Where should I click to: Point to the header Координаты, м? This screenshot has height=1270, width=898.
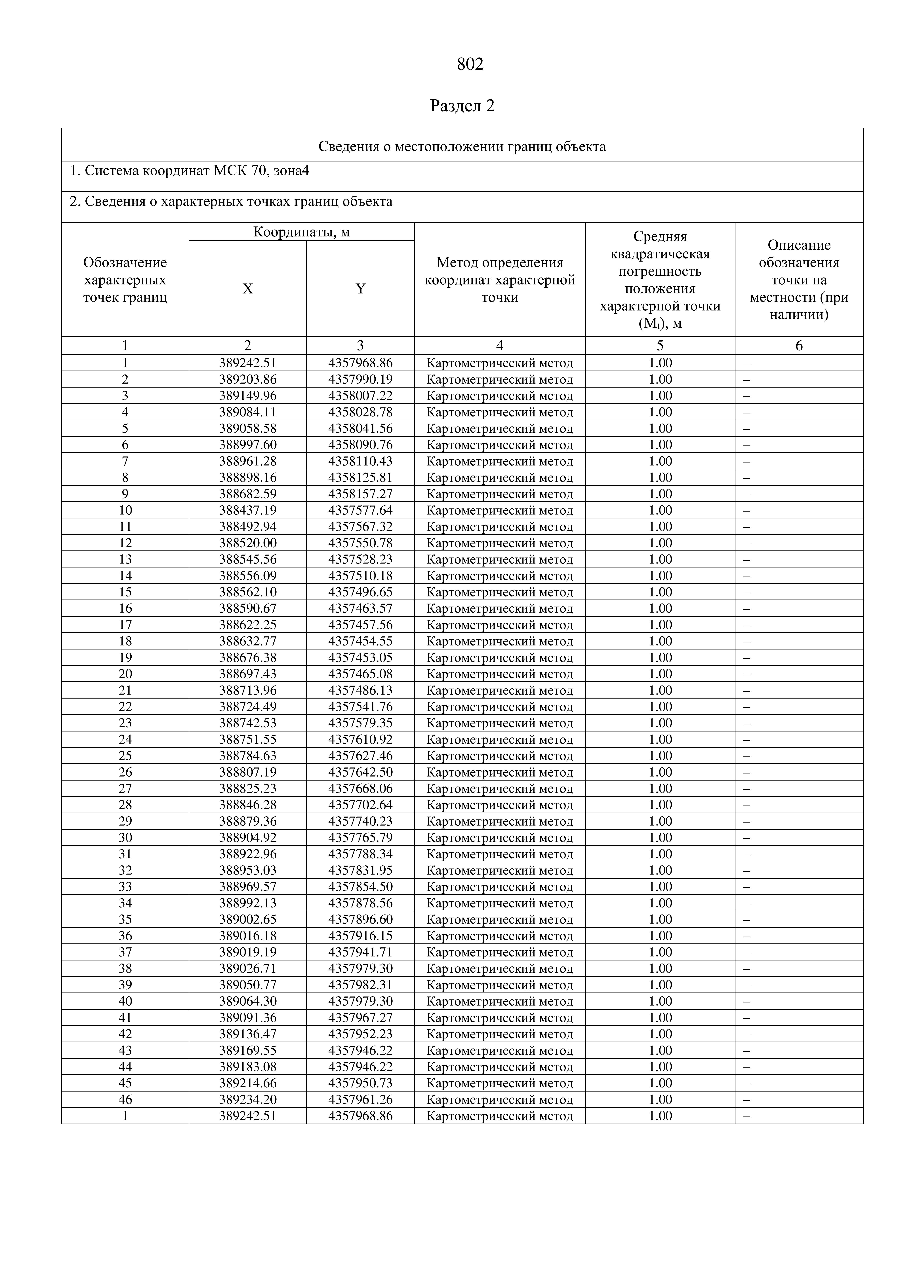point(302,232)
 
